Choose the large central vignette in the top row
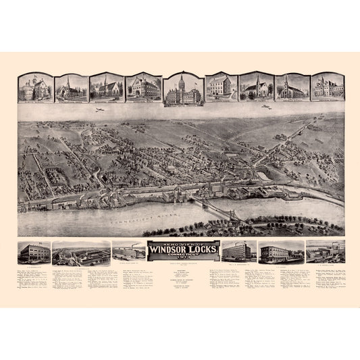tap(180, 88)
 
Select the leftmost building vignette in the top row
tap(34, 88)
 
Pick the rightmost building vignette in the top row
tap(327, 88)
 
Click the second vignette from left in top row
tap(71, 88)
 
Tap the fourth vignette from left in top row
tap(143, 88)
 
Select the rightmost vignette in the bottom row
tap(326, 252)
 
